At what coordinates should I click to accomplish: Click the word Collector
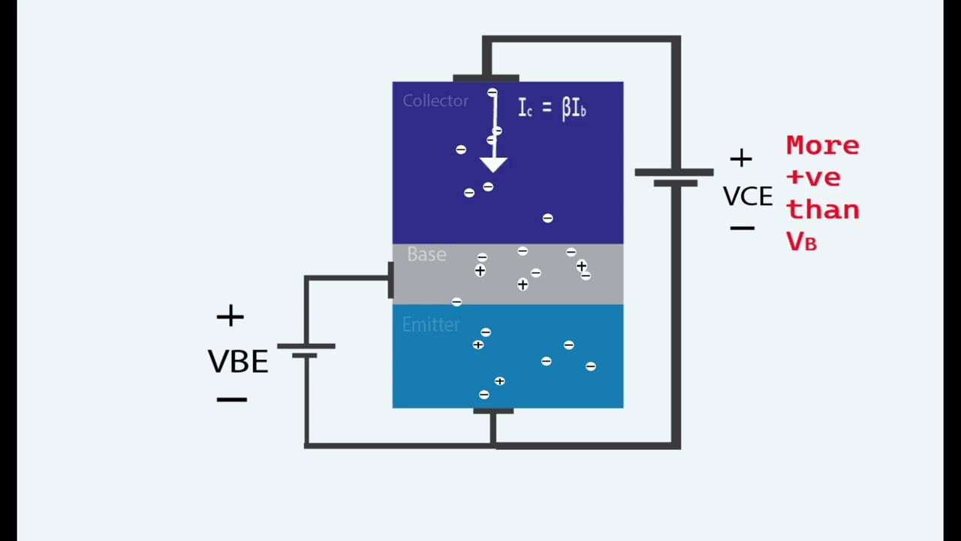point(435,101)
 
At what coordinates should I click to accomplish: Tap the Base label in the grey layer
point(426,254)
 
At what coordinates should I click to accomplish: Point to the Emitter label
point(431,325)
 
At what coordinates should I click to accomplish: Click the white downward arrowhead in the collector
point(493,165)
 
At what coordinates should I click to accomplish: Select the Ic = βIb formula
point(552,107)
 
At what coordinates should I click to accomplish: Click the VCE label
point(748,197)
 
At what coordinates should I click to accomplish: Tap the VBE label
point(238,361)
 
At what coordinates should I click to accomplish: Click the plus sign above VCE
point(741,159)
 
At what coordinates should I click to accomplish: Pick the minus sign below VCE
point(743,228)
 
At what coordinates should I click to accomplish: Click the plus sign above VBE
point(230,316)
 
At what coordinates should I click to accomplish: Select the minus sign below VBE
point(232,400)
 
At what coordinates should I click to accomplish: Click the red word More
point(823,146)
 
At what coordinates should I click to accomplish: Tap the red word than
point(823,210)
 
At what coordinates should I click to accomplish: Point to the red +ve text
point(813,177)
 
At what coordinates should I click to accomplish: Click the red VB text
point(801,241)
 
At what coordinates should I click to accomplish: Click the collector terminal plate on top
point(486,78)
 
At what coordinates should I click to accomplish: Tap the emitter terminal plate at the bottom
point(493,411)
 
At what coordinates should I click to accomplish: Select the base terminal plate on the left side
point(391,280)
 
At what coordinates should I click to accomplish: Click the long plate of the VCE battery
point(674,172)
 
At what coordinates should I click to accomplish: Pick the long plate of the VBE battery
point(306,346)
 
